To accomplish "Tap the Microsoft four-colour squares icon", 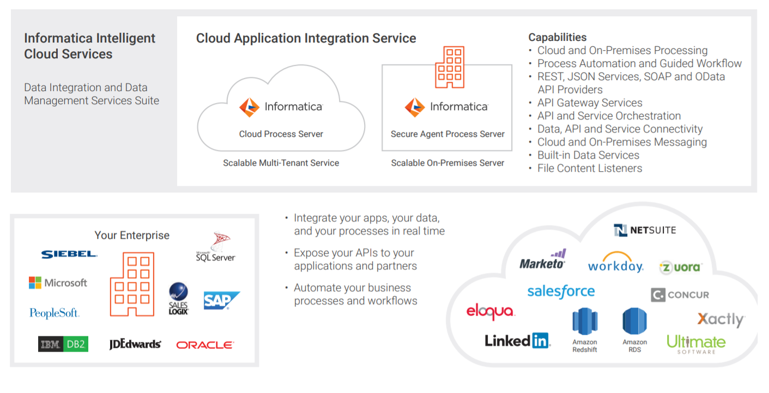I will coord(35,283).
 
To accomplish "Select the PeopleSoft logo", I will coord(55,313).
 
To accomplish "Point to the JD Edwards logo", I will coord(135,344).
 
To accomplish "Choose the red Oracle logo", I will coord(205,344).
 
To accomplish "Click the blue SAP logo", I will coord(221,300).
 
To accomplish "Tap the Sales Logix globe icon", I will coord(178,292).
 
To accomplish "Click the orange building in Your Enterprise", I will coord(132,284).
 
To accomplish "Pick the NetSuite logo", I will coord(645,230).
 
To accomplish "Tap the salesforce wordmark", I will coord(561,292).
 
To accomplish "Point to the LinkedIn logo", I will coord(517,341).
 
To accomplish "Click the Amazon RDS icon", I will coord(635,322).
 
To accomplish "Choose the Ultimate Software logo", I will coord(696,343).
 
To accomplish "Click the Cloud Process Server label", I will coord(281,134).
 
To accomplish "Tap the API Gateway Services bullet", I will coord(590,103).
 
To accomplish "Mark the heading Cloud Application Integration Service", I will coord(306,38).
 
